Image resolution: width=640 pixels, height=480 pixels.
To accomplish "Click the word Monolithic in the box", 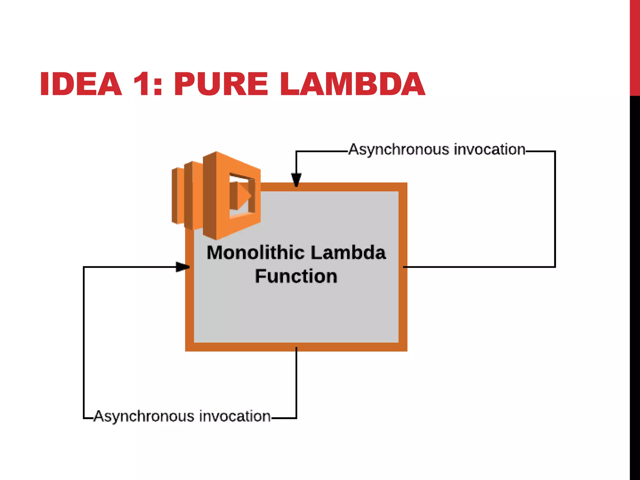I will (255, 252).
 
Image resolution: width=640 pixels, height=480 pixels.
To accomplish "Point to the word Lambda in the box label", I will (348, 252).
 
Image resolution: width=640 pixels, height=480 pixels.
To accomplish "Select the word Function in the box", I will (296, 276).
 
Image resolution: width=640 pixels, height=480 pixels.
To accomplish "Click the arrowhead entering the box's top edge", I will (296, 180).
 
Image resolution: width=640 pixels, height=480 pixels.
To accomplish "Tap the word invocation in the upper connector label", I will (489, 149).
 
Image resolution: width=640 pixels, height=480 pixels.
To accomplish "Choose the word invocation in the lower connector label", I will (235, 416).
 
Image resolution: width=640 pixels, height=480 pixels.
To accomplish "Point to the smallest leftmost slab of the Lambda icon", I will (177, 196).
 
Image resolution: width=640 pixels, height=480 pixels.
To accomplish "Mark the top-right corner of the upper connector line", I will (555, 152).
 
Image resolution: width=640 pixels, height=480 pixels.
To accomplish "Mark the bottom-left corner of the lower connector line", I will (84, 418).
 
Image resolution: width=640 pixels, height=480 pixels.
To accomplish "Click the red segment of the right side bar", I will (635, 47).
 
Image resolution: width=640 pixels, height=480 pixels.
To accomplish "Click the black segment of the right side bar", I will (635, 281).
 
